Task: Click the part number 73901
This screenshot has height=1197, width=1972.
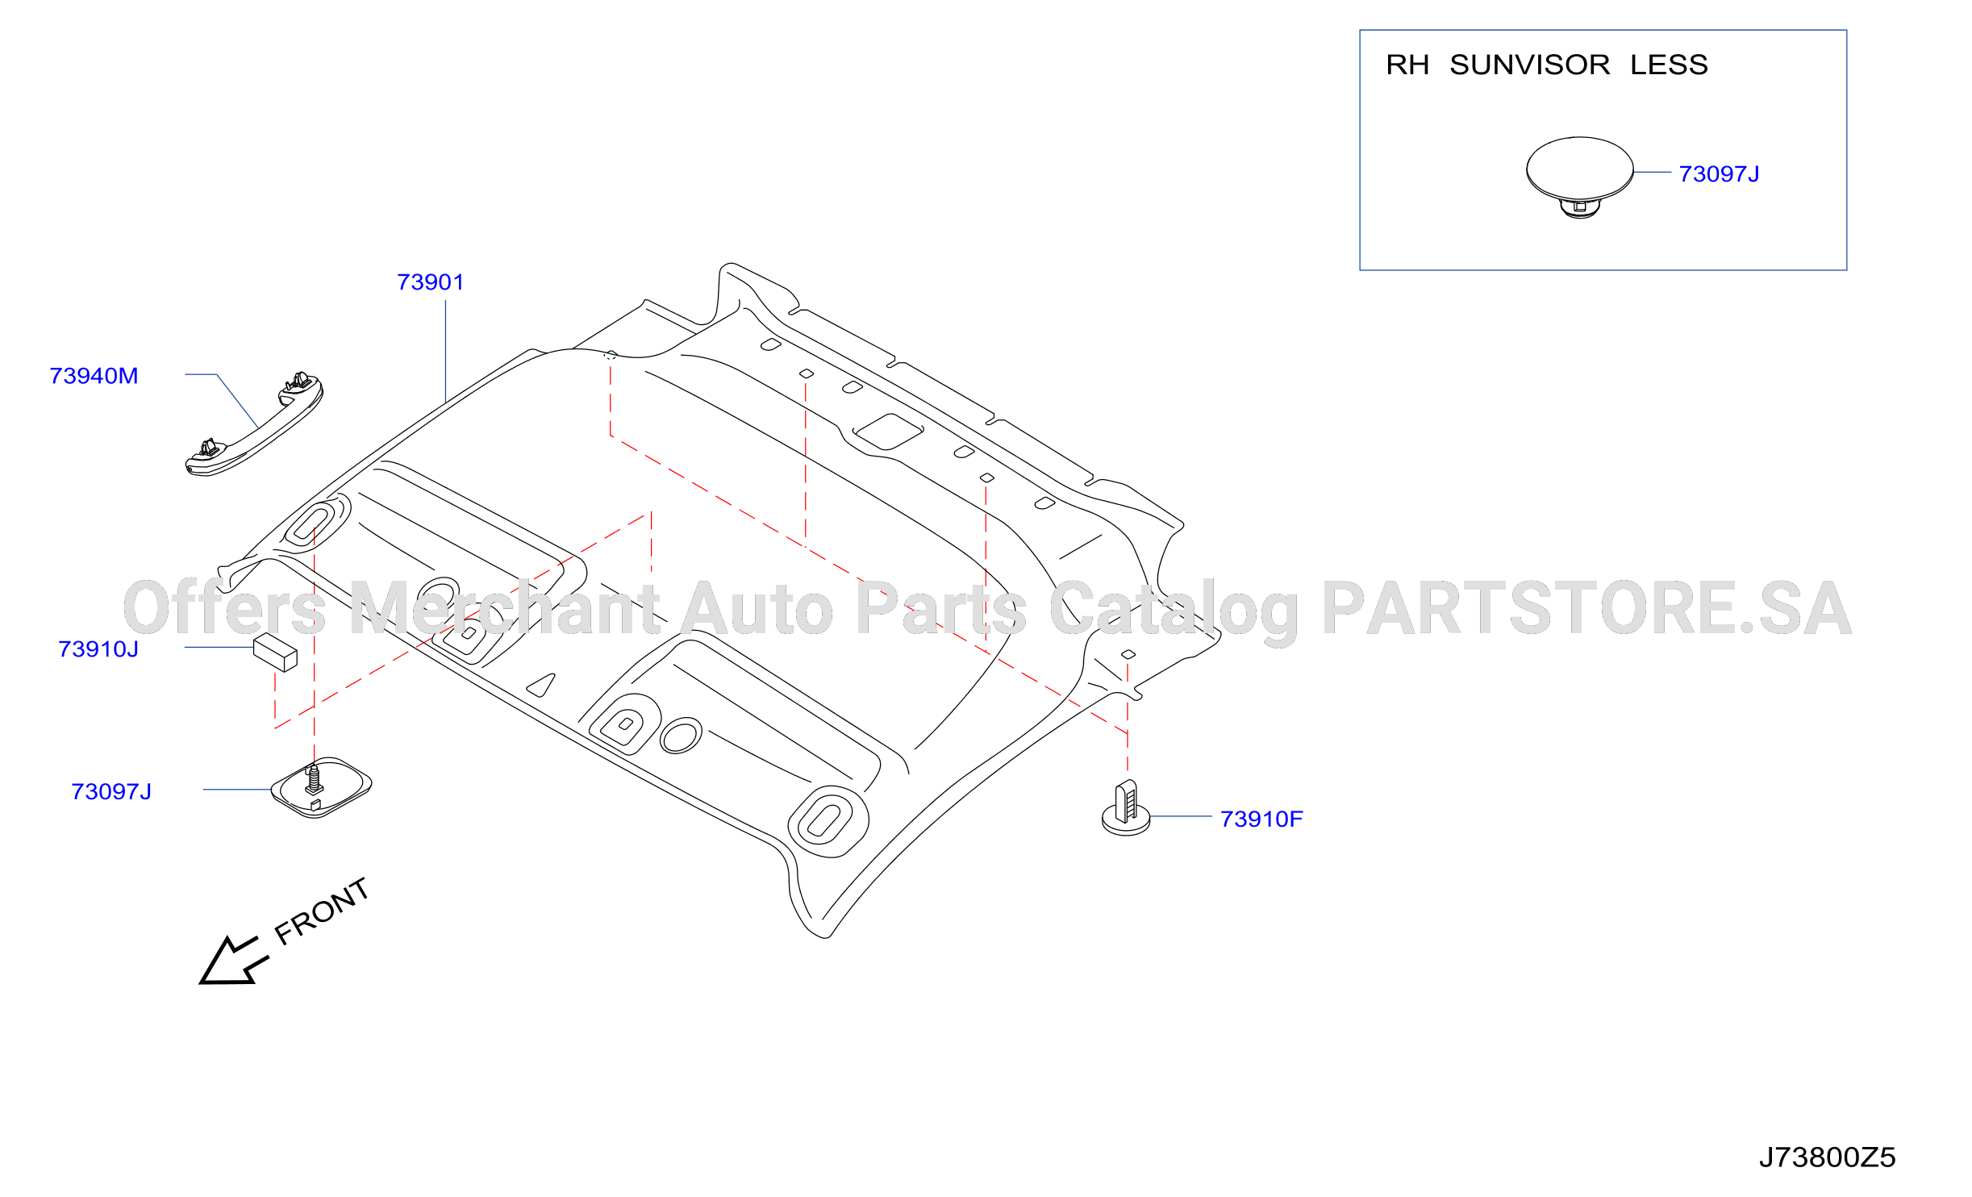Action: click(x=431, y=282)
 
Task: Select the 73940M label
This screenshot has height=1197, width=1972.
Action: click(x=94, y=376)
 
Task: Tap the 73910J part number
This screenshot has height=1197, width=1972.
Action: click(x=98, y=649)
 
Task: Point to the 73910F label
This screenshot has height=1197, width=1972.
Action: click(x=1261, y=820)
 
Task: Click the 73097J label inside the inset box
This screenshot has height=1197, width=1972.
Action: click(x=1719, y=174)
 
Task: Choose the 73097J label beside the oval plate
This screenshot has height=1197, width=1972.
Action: click(x=111, y=792)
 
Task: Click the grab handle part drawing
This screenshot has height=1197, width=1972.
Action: click(x=254, y=424)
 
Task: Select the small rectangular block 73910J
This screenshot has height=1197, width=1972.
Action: click(x=276, y=653)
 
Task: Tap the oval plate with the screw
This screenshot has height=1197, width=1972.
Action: click(x=321, y=788)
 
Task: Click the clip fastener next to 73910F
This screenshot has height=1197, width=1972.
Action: click(x=1126, y=808)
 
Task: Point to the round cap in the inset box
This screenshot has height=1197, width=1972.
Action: click(x=1579, y=177)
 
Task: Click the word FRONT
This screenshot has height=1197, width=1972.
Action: click(x=322, y=911)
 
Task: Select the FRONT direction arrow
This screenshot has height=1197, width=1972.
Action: click(x=233, y=961)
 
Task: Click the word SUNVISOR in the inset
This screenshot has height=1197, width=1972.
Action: click(x=1529, y=65)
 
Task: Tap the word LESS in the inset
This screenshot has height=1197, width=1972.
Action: click(x=1669, y=65)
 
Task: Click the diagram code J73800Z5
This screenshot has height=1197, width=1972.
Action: click(x=1827, y=1157)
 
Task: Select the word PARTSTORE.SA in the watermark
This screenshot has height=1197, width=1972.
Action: click(x=1586, y=609)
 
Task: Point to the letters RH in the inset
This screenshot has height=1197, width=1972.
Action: click(x=1407, y=65)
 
